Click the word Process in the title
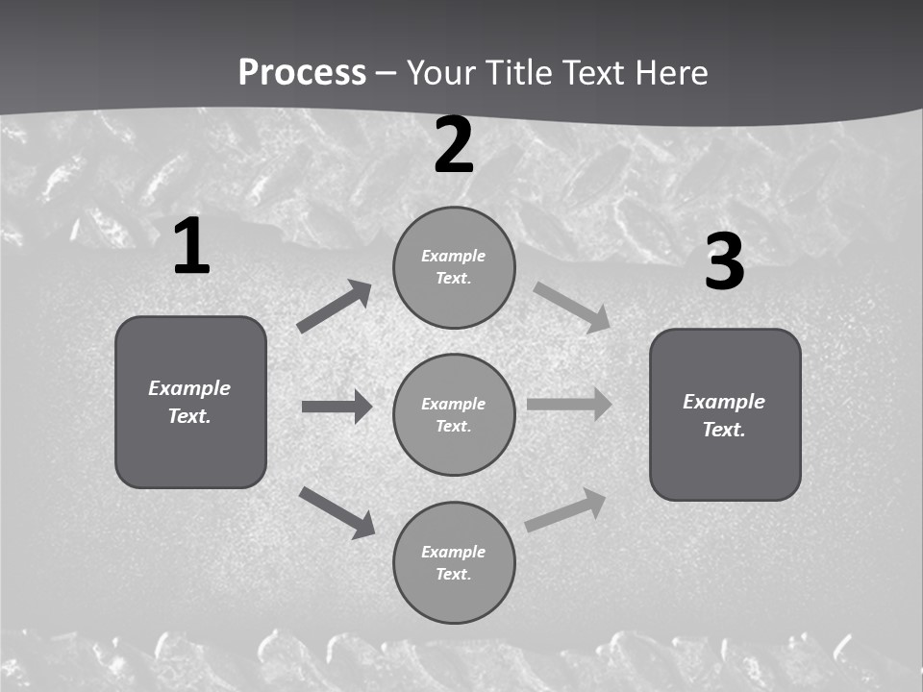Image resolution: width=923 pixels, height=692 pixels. pyautogui.click(x=302, y=73)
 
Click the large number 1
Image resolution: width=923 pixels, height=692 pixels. pyautogui.click(x=191, y=247)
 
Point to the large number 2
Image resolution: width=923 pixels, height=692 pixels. pyautogui.click(x=454, y=146)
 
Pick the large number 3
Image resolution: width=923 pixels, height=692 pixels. pyautogui.click(x=724, y=262)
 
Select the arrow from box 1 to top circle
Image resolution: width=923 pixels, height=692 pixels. pyautogui.click(x=334, y=307)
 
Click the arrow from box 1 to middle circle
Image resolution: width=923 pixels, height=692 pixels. pyautogui.click(x=337, y=407)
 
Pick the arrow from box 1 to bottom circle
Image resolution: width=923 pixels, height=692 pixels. pyautogui.click(x=337, y=512)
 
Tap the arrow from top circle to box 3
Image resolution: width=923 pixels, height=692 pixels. pyautogui.click(x=571, y=308)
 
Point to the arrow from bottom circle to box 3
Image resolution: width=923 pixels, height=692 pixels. pyautogui.click(x=565, y=510)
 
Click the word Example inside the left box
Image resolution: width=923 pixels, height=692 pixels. pyautogui.click(x=189, y=388)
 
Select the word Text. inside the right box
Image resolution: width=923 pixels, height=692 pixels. pyautogui.click(x=724, y=430)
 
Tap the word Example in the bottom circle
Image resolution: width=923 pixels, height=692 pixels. pyautogui.click(x=453, y=552)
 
